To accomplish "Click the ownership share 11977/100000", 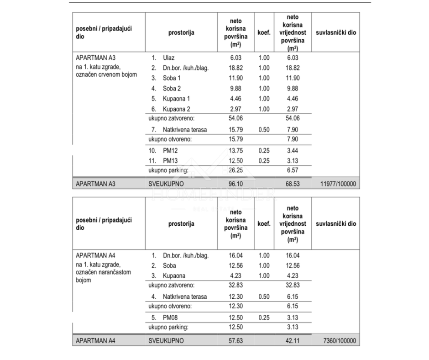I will pos(337,184).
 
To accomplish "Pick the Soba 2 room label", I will pos(172,89).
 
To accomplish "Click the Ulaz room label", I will pos(169,58).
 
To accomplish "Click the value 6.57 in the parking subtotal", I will pos(293,170).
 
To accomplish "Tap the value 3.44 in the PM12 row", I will pos(293,150).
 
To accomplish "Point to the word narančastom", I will pos(112,272).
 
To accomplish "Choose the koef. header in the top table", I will pos(264,32).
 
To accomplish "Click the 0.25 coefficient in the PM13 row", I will pos(264,161).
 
